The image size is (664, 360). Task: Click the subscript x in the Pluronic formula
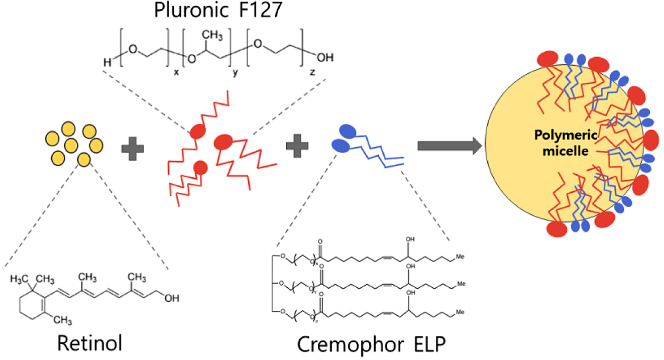tap(176, 72)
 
